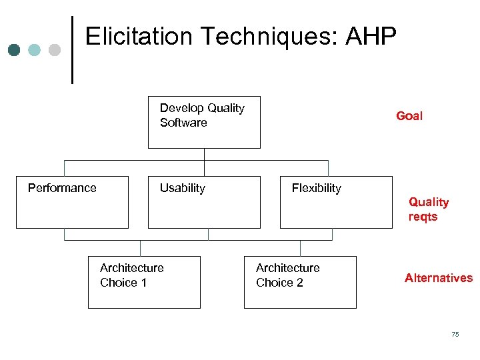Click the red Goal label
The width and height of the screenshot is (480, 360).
409,116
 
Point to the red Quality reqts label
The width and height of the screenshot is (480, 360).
428,209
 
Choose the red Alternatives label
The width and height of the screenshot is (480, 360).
438,278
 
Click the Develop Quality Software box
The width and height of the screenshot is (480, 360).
204,122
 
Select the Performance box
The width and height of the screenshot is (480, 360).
72,202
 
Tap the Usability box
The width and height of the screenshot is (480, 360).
204,202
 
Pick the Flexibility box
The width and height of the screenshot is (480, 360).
336,202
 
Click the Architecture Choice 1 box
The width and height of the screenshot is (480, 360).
144,282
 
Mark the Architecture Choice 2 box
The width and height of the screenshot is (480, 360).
300,282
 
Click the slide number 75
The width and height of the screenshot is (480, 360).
455,334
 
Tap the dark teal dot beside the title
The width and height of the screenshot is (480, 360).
15,50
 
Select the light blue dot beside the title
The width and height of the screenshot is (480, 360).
35,50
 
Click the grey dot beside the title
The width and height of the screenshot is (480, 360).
55,50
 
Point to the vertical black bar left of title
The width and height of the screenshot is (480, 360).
72,50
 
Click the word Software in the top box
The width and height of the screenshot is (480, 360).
183,123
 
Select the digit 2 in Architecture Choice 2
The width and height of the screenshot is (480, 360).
299,283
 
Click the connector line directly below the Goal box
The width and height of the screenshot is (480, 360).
204,155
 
